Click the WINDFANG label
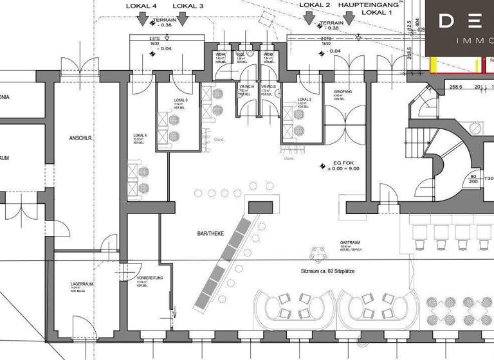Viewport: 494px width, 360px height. point(343,92)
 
